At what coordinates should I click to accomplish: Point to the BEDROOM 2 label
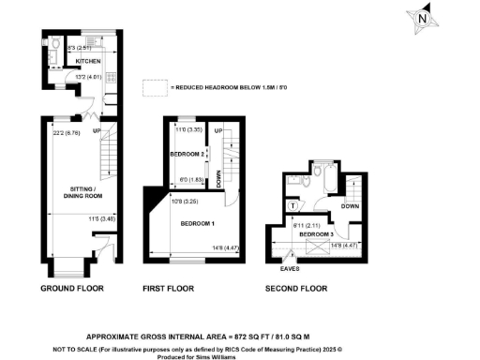tap(187, 153)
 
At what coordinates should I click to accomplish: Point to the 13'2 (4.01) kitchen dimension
tap(76, 78)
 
